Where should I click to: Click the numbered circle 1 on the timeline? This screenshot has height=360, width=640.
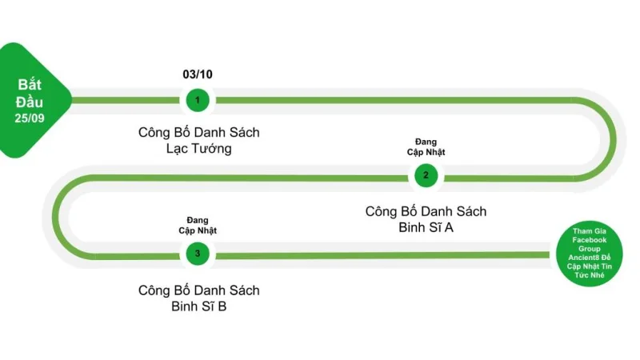[x=198, y=100]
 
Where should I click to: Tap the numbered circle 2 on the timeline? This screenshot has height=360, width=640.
[x=426, y=175]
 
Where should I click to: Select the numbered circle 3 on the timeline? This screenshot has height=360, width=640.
[x=198, y=254]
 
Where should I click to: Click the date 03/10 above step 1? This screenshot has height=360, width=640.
[x=198, y=74]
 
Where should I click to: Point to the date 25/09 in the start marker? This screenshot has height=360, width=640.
[x=30, y=118]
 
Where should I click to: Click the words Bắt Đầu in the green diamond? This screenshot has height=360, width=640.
[x=30, y=93]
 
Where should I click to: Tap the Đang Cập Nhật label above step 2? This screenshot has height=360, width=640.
[x=426, y=147]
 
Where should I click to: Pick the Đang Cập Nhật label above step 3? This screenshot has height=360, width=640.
[x=198, y=226]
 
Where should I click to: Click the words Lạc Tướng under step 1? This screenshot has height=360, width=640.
[x=198, y=149]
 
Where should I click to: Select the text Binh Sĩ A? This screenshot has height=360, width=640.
[x=426, y=227]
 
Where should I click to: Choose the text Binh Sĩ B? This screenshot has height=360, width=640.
[x=198, y=306]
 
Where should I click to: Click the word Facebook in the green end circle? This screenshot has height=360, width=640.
[x=589, y=240]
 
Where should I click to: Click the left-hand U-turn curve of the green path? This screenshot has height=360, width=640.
[x=59, y=217]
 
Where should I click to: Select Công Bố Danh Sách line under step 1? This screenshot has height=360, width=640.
[x=198, y=132]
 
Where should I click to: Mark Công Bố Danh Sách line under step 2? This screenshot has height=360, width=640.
[x=426, y=211]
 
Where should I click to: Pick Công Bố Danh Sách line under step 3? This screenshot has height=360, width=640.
[x=198, y=290]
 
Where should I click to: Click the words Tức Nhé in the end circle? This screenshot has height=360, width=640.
[x=589, y=275]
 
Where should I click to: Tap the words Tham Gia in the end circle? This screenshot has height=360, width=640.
[x=589, y=231]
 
